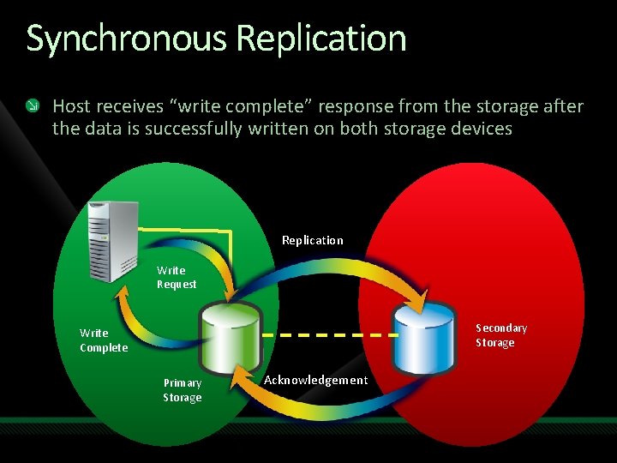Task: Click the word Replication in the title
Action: (320, 39)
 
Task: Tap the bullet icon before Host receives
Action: (33, 106)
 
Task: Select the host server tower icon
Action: (112, 240)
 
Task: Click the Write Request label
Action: (176, 277)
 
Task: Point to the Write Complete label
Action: (103, 340)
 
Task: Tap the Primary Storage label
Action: (183, 390)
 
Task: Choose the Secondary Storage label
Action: (501, 335)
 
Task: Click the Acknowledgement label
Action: (315, 380)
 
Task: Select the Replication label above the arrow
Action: (312, 240)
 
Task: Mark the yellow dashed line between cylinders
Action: (326, 334)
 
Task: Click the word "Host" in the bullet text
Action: (72, 106)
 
